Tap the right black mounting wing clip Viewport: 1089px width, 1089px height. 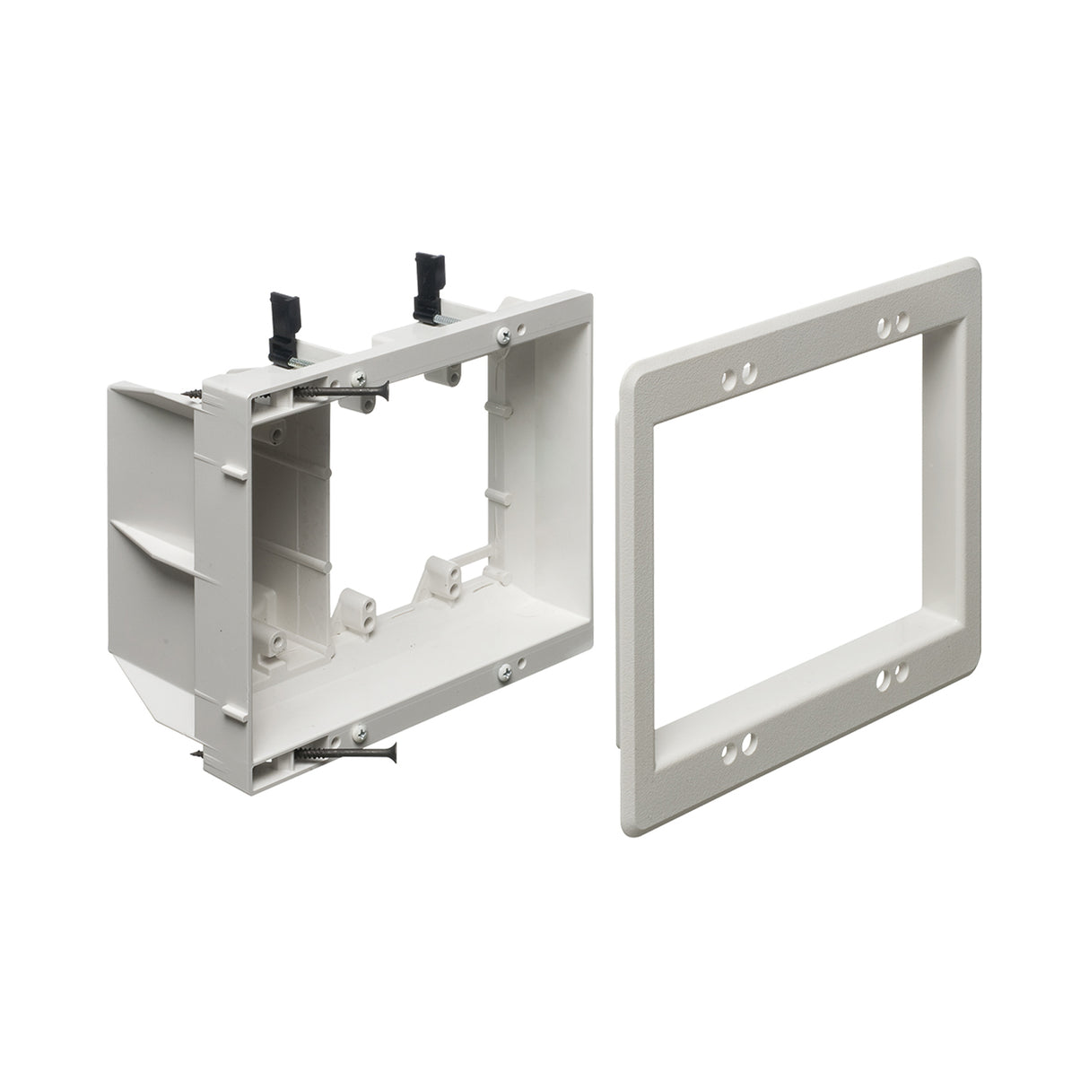click(x=423, y=282)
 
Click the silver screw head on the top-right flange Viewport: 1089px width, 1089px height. click(x=504, y=336)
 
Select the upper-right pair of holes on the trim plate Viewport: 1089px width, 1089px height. click(x=893, y=322)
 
